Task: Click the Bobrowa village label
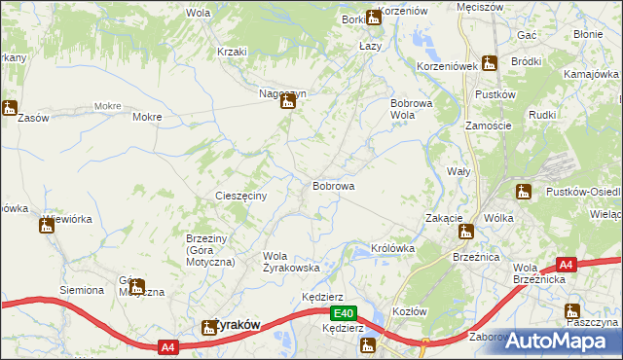click(333, 185)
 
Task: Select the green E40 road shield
click(342, 313)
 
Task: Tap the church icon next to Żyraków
click(207, 329)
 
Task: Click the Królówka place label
click(393, 248)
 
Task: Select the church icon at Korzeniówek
click(490, 64)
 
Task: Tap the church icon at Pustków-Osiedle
click(524, 192)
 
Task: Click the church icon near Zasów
click(10, 108)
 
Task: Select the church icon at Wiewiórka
click(46, 227)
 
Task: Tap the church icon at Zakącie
click(466, 232)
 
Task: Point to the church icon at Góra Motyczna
click(137, 287)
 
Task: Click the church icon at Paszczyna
click(572, 311)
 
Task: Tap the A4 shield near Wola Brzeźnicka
click(568, 264)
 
